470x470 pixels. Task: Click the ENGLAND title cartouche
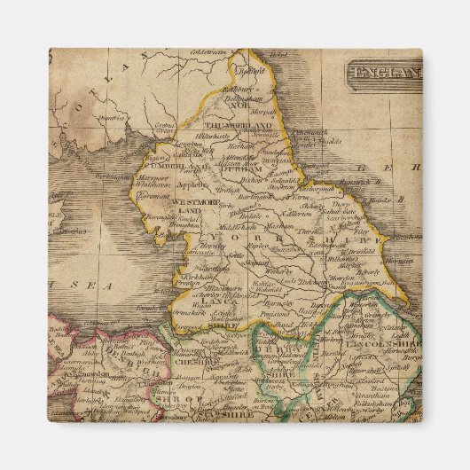pyautogui.click(x=384, y=71)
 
